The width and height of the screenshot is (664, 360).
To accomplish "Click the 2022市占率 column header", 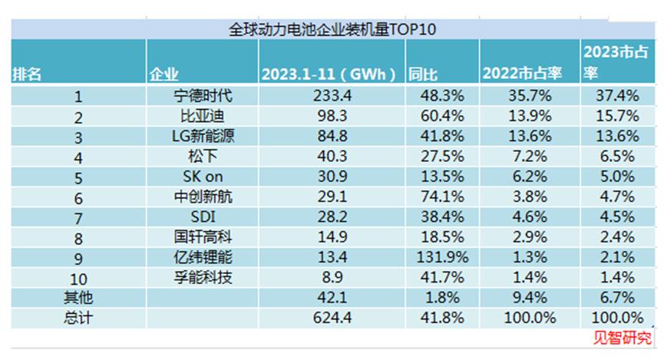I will coord(522,74).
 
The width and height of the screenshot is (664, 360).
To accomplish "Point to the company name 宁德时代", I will coord(202,96).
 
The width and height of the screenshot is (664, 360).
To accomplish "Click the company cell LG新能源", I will coord(202,137).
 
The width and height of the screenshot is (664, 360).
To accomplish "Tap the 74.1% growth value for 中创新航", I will coord(441,196).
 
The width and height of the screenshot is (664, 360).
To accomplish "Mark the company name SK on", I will coord(202,177).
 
